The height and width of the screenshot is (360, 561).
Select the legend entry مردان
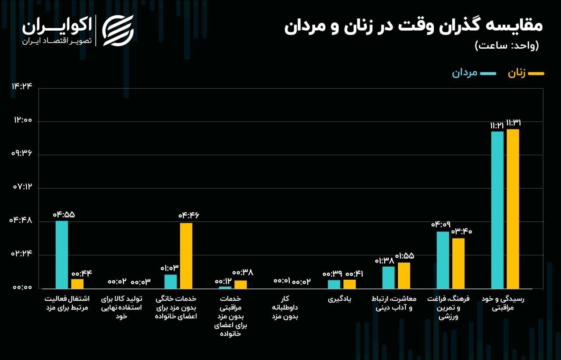click(x=474, y=73)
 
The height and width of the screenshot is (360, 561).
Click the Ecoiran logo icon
click(x=117, y=30)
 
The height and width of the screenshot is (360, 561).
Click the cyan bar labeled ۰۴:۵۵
click(x=62, y=254)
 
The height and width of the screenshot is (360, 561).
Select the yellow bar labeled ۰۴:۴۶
click(x=186, y=256)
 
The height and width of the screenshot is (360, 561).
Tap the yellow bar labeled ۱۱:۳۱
click(x=513, y=209)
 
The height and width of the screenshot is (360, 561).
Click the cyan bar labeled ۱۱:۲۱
click(x=497, y=210)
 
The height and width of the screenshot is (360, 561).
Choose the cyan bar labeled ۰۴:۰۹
click(x=443, y=260)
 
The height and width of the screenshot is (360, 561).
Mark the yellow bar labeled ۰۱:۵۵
click(x=404, y=275)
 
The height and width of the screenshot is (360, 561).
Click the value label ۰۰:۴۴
click(x=82, y=273)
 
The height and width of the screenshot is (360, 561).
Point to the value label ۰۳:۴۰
click(x=462, y=231)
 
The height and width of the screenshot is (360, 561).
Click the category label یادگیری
click(x=342, y=299)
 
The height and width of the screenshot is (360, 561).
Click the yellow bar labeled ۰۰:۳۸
click(x=241, y=284)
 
